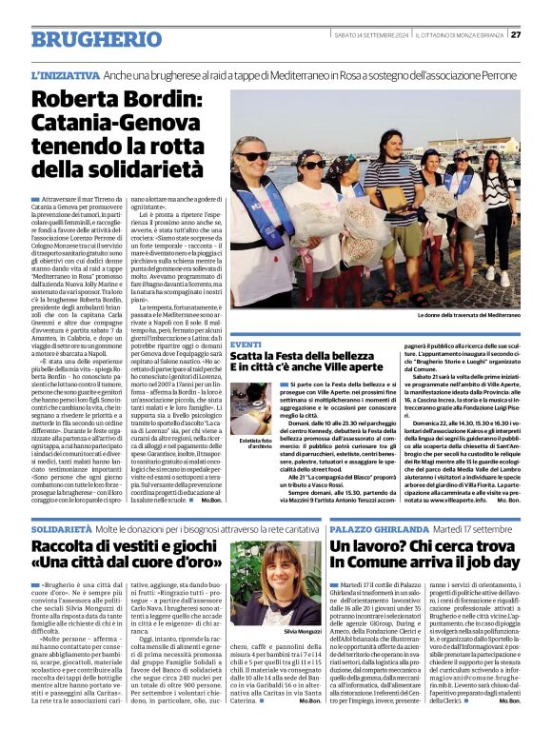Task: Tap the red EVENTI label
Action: click(x=246, y=344)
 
